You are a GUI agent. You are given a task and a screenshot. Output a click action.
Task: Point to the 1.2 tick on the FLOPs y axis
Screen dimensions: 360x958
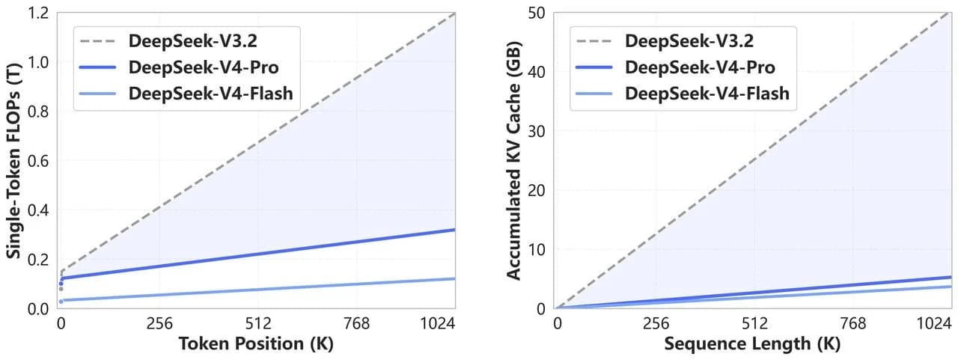38,13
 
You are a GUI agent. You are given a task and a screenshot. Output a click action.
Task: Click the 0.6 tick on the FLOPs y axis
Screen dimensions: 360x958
38,161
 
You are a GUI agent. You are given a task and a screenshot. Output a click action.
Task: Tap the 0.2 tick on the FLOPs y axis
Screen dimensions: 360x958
38,260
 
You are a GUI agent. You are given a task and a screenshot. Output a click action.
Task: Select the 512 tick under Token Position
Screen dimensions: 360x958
258,323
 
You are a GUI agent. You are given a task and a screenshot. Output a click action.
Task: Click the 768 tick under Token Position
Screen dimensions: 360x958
357,323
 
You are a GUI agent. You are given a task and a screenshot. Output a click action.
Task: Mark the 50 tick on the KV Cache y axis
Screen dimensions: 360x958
537,13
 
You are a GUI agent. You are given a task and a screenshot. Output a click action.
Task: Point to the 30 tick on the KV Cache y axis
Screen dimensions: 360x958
537,131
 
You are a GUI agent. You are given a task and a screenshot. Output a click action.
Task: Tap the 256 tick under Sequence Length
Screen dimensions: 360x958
656,323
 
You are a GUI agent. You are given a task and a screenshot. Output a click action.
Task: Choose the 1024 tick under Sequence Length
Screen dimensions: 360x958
934,323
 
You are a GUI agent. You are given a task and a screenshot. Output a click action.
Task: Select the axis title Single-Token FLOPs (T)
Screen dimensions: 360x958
13,160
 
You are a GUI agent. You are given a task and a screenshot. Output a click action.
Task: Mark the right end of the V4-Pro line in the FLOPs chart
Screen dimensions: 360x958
454,230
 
